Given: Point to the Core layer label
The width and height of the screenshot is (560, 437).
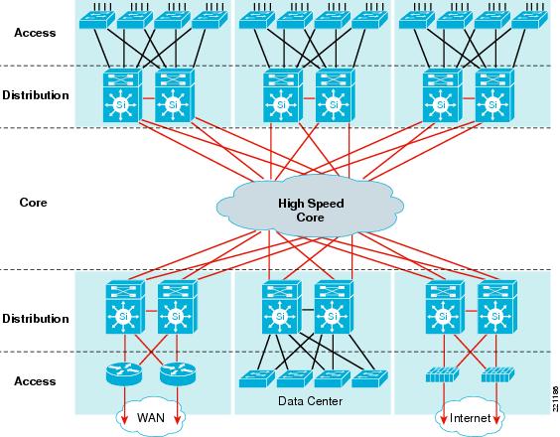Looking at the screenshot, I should point(33,202).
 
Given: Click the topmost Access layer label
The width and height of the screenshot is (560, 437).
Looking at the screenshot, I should point(35,32).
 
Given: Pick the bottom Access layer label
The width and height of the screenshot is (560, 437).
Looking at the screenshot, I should point(35,381).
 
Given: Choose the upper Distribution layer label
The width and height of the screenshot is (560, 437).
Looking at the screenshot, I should point(35,95).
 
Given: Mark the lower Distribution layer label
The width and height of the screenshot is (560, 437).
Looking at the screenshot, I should point(35,319).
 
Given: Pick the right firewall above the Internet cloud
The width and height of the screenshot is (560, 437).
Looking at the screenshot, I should point(493,376).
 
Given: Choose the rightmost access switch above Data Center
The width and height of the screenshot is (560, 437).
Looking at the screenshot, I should point(367,378).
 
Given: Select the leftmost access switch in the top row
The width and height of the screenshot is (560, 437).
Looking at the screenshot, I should point(99,19).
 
